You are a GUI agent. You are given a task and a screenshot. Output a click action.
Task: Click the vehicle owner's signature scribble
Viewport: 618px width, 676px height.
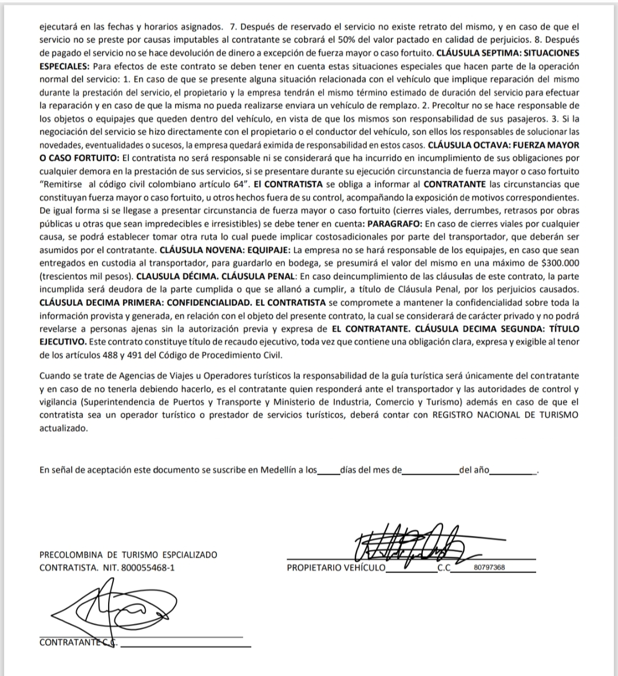pos(409,543)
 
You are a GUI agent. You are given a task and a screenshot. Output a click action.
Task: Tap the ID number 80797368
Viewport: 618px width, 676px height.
pos(490,568)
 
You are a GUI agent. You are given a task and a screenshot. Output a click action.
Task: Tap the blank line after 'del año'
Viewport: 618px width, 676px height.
pos(512,470)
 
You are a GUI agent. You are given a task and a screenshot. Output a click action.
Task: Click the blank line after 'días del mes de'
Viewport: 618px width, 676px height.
pos(430,470)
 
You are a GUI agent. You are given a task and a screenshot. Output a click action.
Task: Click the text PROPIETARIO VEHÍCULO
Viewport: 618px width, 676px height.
pos(336,568)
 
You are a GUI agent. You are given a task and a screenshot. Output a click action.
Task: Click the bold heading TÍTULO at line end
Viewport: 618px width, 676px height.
pos(564,329)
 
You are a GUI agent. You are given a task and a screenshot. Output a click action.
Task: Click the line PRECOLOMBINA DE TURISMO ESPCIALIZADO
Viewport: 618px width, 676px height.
pos(128,555)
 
